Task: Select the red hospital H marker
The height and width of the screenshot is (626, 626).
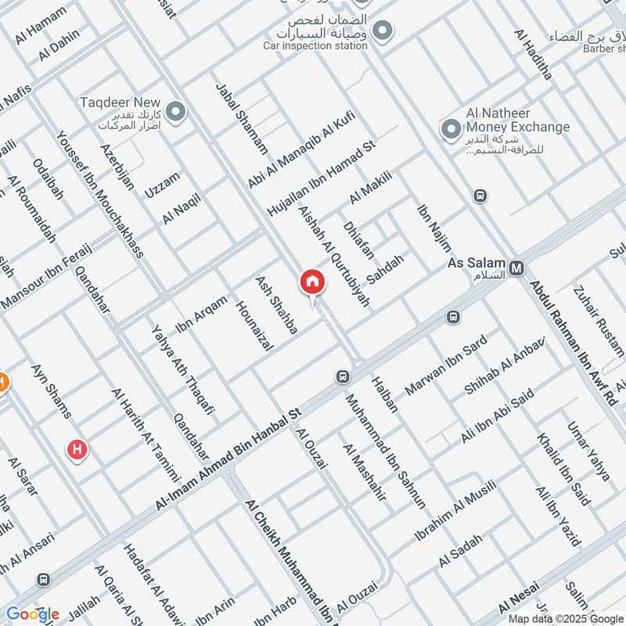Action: tap(77, 449)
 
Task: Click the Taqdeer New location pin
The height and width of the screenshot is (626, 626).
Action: tap(176, 112)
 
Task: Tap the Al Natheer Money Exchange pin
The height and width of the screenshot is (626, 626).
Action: tap(450, 129)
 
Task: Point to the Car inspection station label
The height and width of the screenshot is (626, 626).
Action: tap(315, 45)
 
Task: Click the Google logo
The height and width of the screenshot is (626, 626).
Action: tap(33, 614)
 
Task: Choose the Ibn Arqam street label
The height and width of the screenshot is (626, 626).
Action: tap(201, 315)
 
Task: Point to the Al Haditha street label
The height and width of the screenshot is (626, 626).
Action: tap(533, 55)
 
